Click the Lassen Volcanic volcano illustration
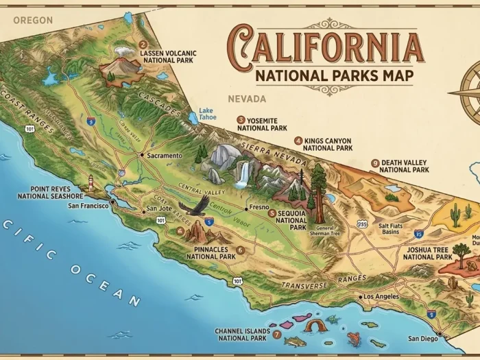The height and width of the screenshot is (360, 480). pyautogui.click(x=117, y=65)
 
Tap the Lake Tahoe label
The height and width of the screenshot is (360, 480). pyautogui.click(x=208, y=113)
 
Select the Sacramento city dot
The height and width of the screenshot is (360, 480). pyautogui.click(x=142, y=156)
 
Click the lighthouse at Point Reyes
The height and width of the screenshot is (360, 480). pyautogui.click(x=90, y=182)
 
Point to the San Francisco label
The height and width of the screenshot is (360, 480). pyautogui.click(x=88, y=205)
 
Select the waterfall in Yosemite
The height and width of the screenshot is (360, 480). pyautogui.click(x=242, y=172)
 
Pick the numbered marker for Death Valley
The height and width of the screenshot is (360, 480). pyautogui.click(x=374, y=163)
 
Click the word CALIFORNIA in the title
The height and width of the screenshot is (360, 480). pyautogui.click(x=325, y=43)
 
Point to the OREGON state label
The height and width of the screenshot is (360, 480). pyautogui.click(x=32, y=20)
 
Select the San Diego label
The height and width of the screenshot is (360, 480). pyautogui.click(x=422, y=338)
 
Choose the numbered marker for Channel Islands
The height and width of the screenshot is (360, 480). pyautogui.click(x=276, y=335)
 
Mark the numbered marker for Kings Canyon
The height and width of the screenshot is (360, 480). pyautogui.click(x=298, y=141)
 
